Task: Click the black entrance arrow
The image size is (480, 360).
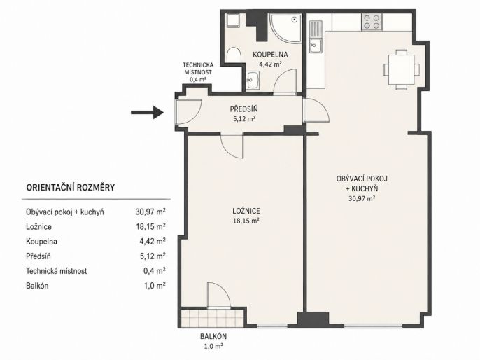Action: [147, 113]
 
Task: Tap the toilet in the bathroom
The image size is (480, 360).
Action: [234, 55]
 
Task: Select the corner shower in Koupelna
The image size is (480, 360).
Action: [285, 27]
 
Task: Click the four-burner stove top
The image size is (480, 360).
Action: [372, 22]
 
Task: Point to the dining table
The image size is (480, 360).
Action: [402, 69]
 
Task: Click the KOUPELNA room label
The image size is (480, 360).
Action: [270, 55]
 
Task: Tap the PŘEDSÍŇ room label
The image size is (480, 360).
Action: [244, 109]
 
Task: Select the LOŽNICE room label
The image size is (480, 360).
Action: [246, 211]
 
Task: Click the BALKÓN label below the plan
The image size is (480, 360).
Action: [213, 336]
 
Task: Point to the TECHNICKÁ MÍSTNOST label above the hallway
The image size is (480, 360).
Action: [198, 69]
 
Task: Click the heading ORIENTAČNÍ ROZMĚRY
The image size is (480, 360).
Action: [71, 187]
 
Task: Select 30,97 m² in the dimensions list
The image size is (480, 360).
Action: [150, 212]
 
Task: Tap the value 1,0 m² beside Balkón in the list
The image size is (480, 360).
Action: [155, 286]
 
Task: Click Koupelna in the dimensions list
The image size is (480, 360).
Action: [42, 242]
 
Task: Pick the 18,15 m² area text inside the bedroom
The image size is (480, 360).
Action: [246, 221]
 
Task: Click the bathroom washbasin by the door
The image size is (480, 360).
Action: [253, 81]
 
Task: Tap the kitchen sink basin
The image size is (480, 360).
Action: [316, 46]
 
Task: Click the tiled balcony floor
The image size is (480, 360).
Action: [212, 318]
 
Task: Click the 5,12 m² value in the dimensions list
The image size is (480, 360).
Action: [153, 256]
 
